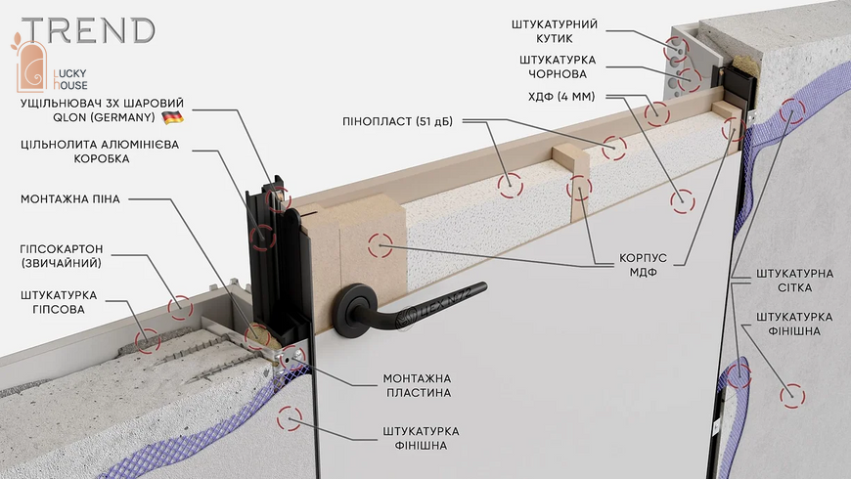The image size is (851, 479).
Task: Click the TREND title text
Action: (x=89, y=30)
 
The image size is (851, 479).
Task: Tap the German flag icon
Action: (x=172, y=117)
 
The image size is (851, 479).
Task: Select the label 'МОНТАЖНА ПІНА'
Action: (x=70, y=199)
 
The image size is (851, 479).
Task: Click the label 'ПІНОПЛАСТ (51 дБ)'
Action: (x=397, y=121)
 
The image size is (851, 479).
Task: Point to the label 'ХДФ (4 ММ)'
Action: (x=561, y=97)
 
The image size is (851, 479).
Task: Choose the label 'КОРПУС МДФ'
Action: (x=643, y=265)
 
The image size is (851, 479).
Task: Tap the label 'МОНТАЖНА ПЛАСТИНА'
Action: (x=418, y=385)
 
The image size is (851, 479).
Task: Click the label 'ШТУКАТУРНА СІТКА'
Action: (x=794, y=281)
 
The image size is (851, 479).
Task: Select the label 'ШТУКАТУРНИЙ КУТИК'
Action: (x=554, y=31)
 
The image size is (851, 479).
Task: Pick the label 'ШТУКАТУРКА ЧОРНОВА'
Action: (x=558, y=66)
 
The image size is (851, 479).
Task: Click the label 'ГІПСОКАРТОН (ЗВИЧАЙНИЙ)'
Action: (x=62, y=256)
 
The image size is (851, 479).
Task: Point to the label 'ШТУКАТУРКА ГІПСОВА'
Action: (x=59, y=302)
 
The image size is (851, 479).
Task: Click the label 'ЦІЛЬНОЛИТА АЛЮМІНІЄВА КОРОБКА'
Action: (x=100, y=152)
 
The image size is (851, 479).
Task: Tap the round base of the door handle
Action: (x=354, y=310)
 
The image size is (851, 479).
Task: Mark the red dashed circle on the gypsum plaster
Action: (x=148, y=340)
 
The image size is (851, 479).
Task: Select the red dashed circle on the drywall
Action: (x=180, y=308)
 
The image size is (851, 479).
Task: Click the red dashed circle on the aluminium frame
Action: (x=263, y=238)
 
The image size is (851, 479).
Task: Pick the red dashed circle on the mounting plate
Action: (x=293, y=358)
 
